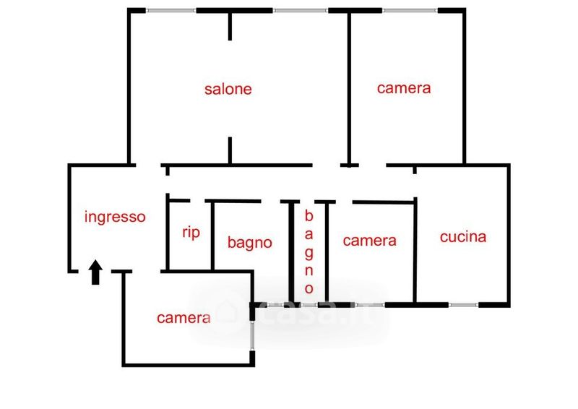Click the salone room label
click(228, 89)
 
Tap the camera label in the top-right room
click(404, 88)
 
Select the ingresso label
click(115, 218)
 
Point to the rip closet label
click(191, 233)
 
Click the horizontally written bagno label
click(249, 243)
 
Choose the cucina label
click(463, 237)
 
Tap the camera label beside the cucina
click(369, 241)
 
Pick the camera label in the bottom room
click(184, 318)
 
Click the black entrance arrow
click(95, 272)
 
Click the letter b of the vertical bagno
click(309, 216)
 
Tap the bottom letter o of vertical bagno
click(309, 288)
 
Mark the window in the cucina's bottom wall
click(463, 305)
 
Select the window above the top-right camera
click(410, 10)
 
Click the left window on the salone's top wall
click(171, 10)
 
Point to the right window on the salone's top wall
click(301, 10)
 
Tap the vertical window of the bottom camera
click(252, 335)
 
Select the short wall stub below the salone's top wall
click(230, 27)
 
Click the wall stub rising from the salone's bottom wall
click(230, 150)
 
